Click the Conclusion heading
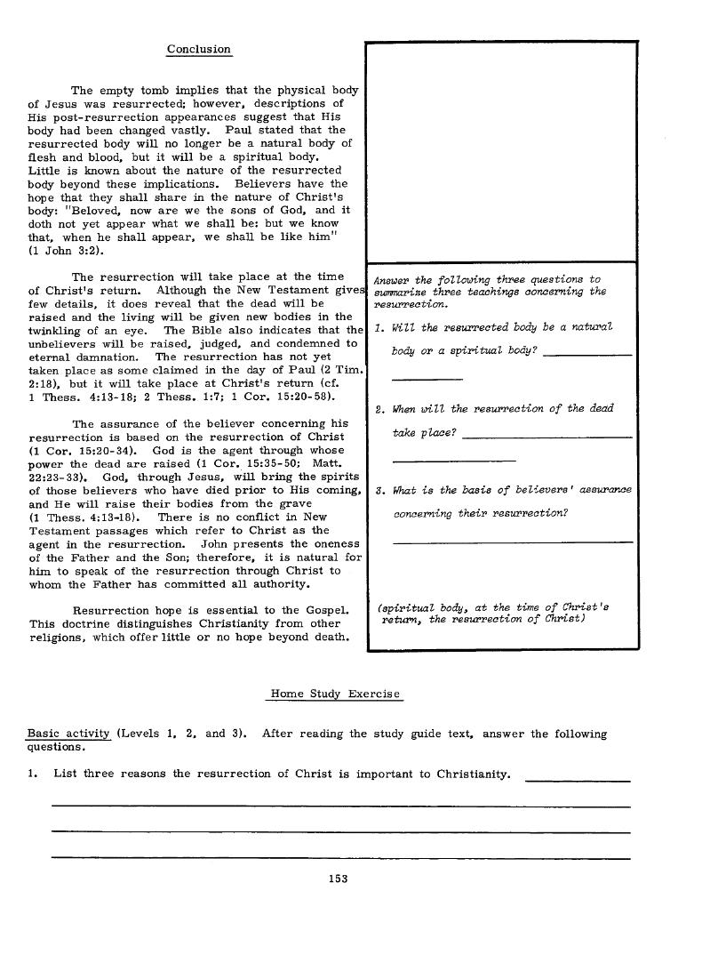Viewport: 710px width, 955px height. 199,50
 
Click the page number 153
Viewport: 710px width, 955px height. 338,879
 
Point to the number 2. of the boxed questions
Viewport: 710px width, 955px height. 379,409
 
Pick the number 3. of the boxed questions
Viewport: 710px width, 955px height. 379,490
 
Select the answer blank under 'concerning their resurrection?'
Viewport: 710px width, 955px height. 512,542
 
